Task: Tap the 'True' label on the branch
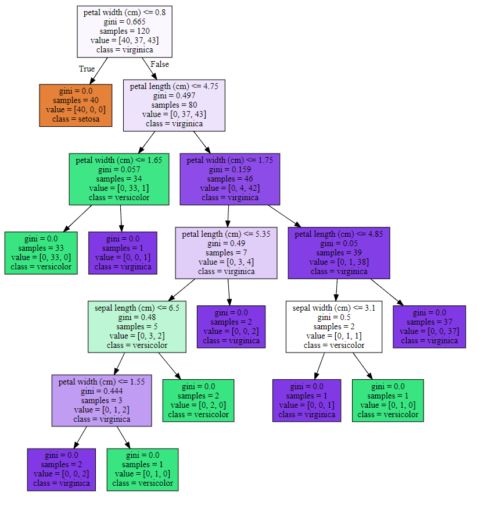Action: [x=87, y=69]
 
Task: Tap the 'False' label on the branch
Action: [x=159, y=64]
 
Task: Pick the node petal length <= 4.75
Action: [x=174, y=105]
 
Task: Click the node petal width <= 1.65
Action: [x=119, y=179]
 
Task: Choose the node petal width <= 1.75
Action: [x=230, y=179]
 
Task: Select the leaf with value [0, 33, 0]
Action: [x=41, y=253]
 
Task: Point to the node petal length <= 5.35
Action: [x=226, y=253]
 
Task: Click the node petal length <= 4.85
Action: [x=339, y=253]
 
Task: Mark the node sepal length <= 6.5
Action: [x=137, y=326]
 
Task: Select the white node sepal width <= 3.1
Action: [x=334, y=326]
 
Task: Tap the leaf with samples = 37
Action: [x=429, y=326]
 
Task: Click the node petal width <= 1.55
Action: [x=101, y=400]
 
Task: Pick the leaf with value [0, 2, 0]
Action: [x=198, y=400]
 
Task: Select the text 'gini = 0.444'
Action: [x=102, y=391]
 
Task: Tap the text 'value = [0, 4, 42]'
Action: [x=230, y=188]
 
